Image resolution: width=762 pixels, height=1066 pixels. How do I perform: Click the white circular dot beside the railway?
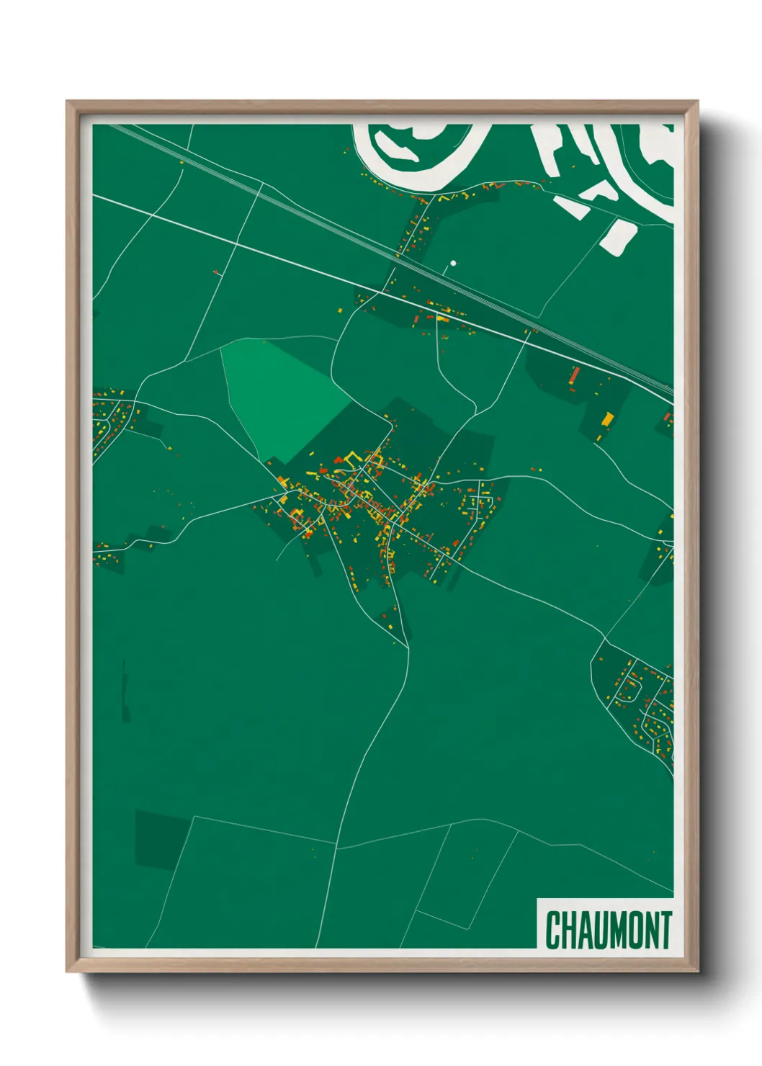453,264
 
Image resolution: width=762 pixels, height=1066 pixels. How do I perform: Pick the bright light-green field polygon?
281,396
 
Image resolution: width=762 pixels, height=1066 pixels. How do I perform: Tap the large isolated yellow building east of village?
607,418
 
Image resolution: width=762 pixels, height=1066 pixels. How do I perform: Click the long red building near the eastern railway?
575,375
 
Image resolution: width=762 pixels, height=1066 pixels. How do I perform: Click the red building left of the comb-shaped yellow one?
338,459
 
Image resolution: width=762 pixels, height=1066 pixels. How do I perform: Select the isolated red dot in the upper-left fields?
215,272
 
